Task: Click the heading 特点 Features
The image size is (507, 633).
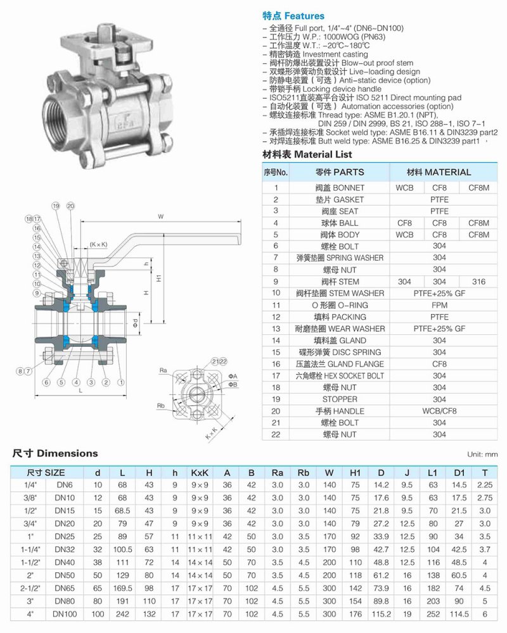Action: [293, 16]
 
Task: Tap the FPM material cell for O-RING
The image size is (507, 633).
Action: [439, 305]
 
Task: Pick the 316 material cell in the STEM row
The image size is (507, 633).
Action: [478, 282]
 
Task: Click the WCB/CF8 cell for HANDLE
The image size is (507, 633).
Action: [439, 411]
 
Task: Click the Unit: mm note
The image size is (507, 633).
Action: [482, 454]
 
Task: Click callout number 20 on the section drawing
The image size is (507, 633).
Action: [70, 206]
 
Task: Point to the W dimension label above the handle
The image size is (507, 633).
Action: [161, 216]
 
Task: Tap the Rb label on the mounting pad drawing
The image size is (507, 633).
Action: [162, 406]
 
